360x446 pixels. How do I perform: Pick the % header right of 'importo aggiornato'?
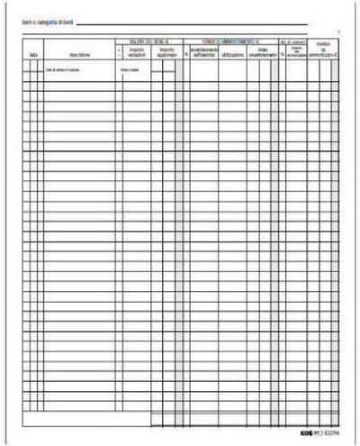tap(179, 53)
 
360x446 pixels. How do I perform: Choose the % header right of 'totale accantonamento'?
tap(281, 53)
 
